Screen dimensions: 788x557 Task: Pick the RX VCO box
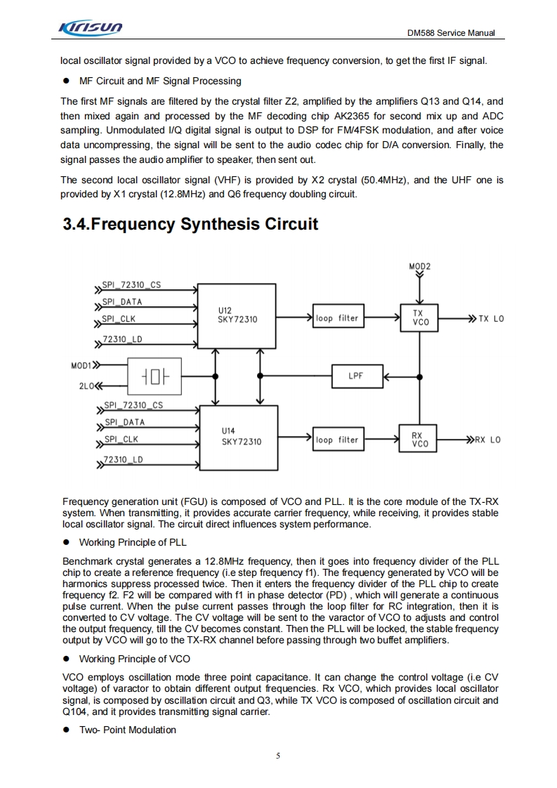pos(419,440)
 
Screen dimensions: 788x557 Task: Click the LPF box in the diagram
pos(356,376)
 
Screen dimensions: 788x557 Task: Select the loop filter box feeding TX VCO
pos(337,318)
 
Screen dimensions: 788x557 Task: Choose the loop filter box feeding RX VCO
pos(337,440)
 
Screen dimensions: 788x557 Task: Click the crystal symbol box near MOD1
pos(155,376)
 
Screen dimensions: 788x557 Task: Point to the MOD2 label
pos(419,266)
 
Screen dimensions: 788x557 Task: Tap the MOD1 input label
pos(81,366)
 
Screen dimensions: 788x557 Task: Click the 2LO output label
pos(86,386)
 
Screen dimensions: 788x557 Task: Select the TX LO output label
pos(491,319)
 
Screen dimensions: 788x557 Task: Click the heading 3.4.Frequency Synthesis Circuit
pos(190,224)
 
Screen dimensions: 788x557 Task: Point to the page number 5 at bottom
pos(278,756)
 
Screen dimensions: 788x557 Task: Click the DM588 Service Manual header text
pos(451,33)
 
